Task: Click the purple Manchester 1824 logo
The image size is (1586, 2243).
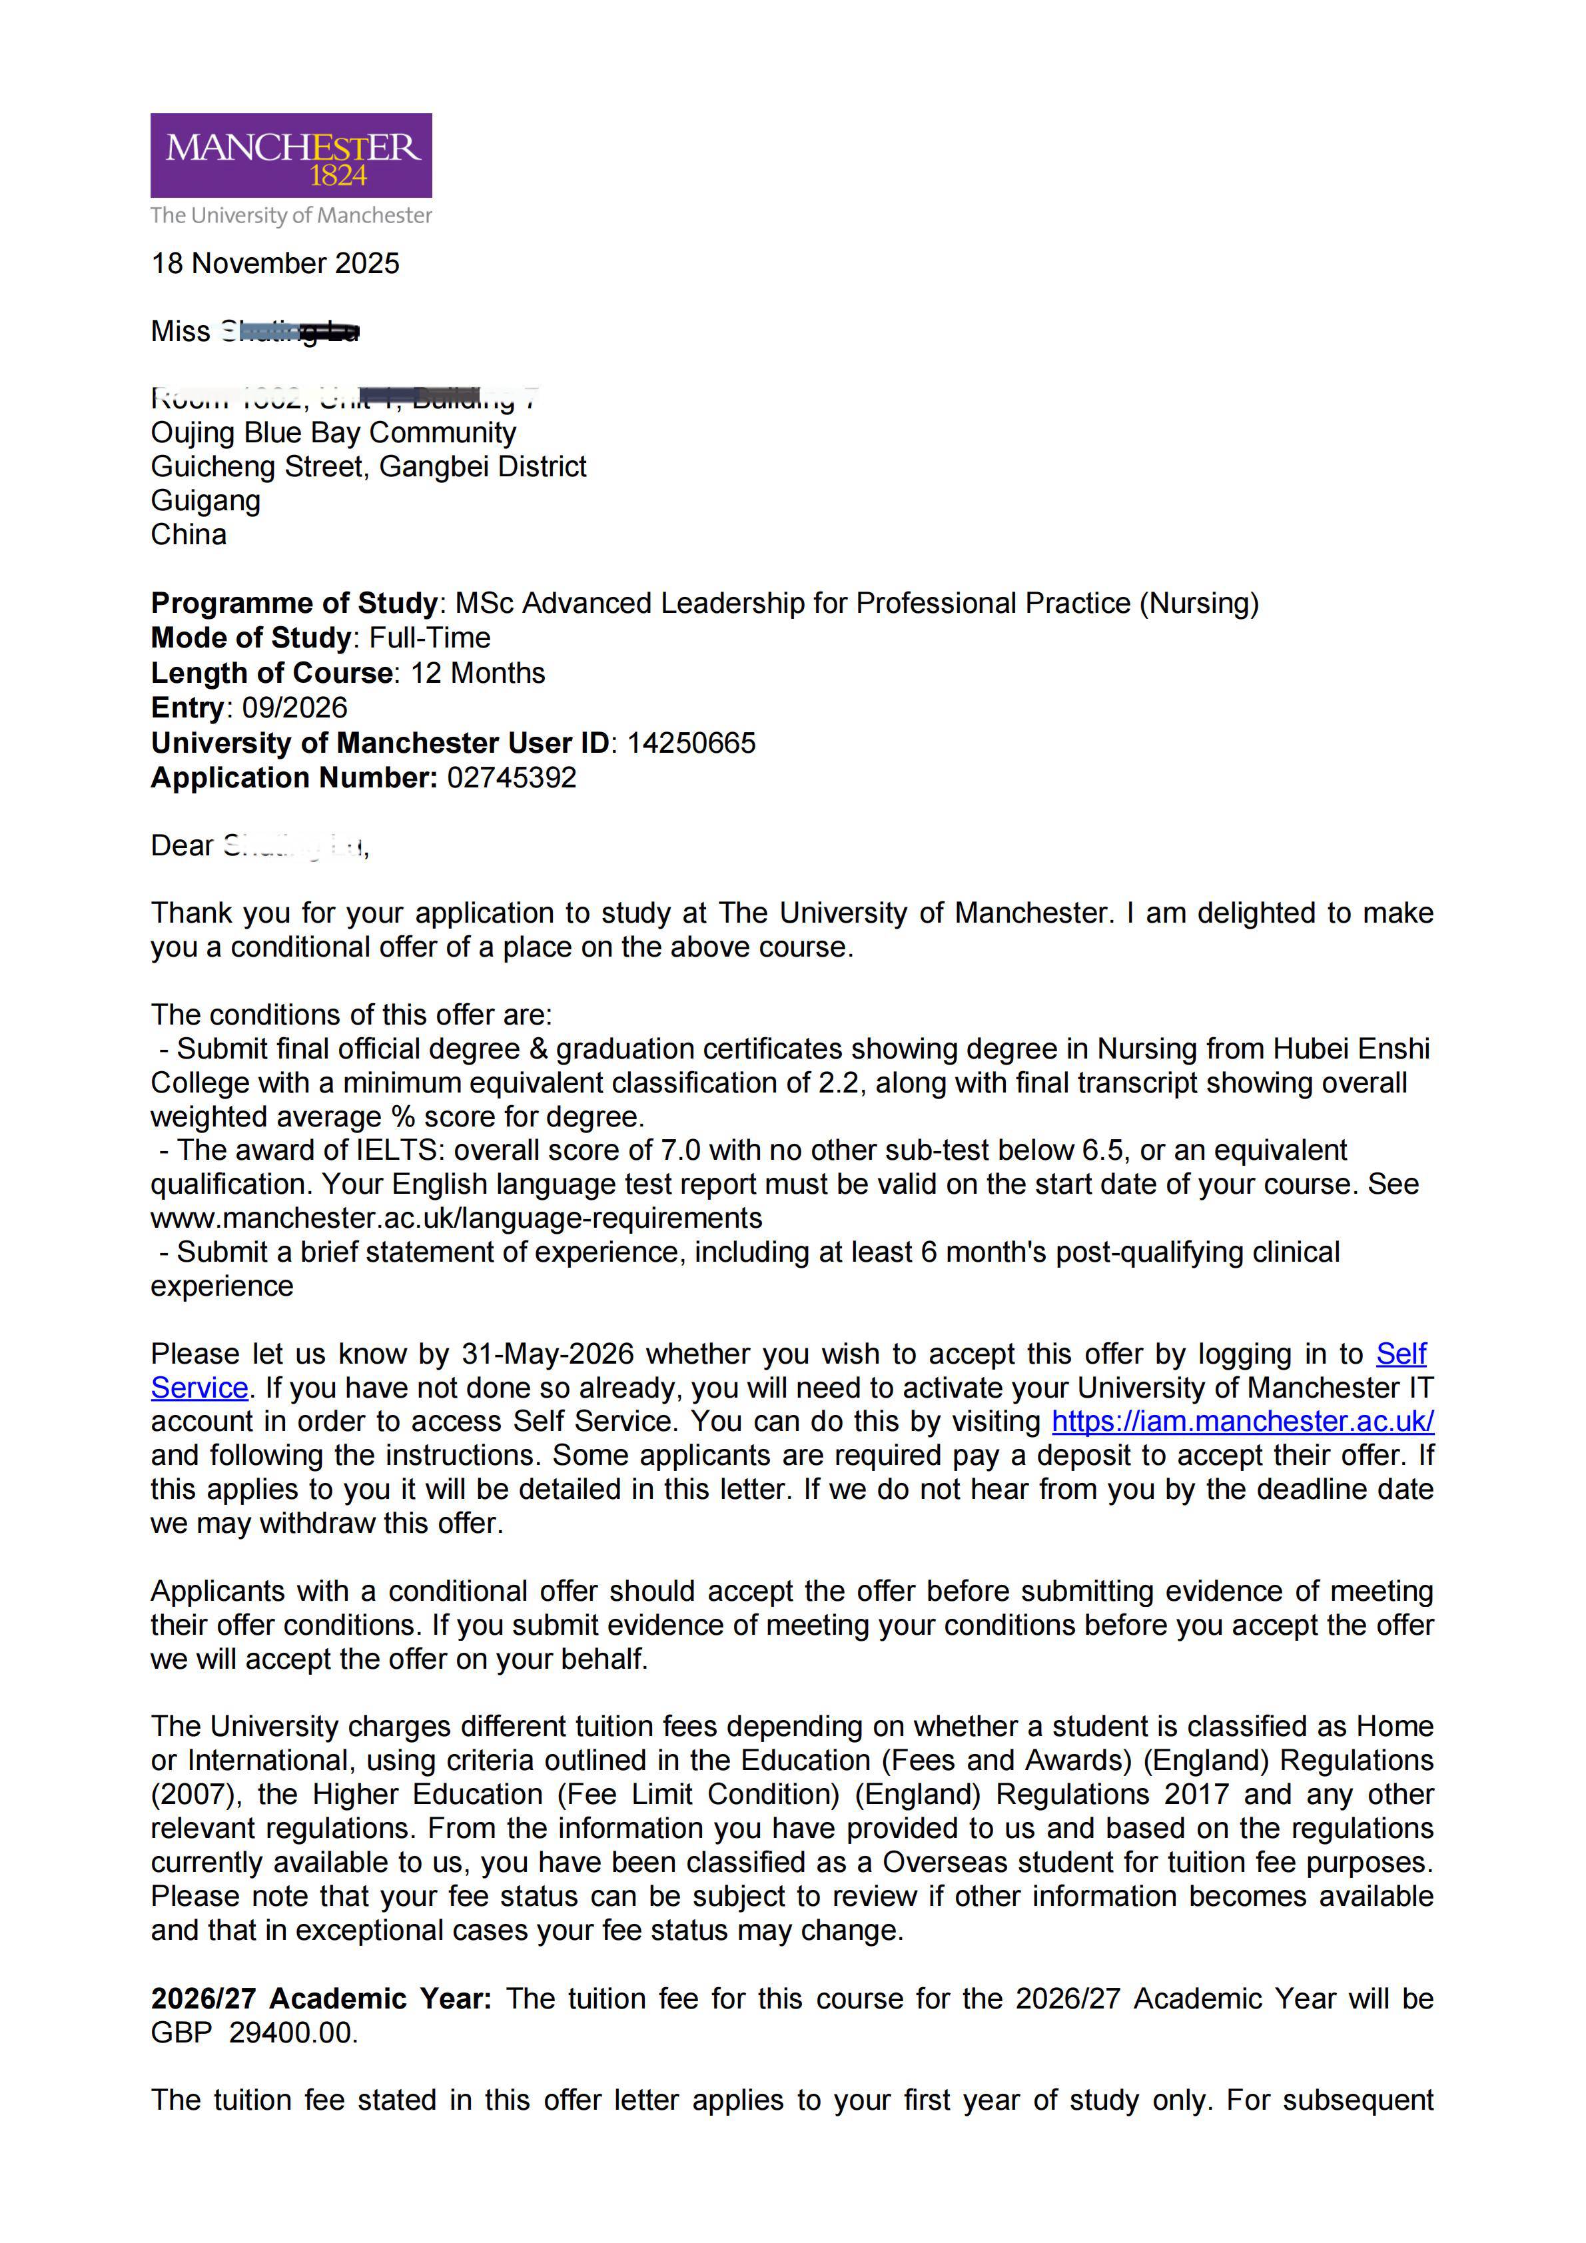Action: (x=291, y=155)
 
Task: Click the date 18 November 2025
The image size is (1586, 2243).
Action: (x=275, y=264)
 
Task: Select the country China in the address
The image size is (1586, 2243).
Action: (x=189, y=536)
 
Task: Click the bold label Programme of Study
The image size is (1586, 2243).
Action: (x=294, y=604)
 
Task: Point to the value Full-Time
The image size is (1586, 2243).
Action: (x=430, y=638)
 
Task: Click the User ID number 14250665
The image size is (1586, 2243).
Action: (x=691, y=743)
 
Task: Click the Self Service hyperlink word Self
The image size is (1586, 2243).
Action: (x=1400, y=1354)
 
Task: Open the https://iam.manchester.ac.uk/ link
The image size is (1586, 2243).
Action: (x=1242, y=1422)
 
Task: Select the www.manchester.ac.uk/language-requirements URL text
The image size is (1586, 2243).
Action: (x=456, y=1218)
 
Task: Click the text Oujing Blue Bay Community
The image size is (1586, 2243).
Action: (x=333, y=433)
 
